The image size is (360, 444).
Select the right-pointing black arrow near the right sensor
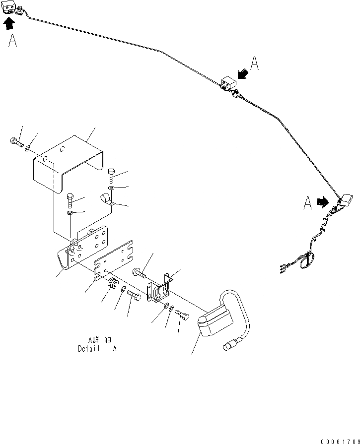pos(322,202)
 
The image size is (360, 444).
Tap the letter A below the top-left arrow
pos(13,41)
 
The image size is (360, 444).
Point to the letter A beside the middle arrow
pos(254,63)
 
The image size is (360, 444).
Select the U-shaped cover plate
pos(70,162)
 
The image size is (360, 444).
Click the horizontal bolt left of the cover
pos(16,144)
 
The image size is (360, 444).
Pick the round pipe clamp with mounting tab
pos(107,199)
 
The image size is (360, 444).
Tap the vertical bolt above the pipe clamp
pos(111,176)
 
